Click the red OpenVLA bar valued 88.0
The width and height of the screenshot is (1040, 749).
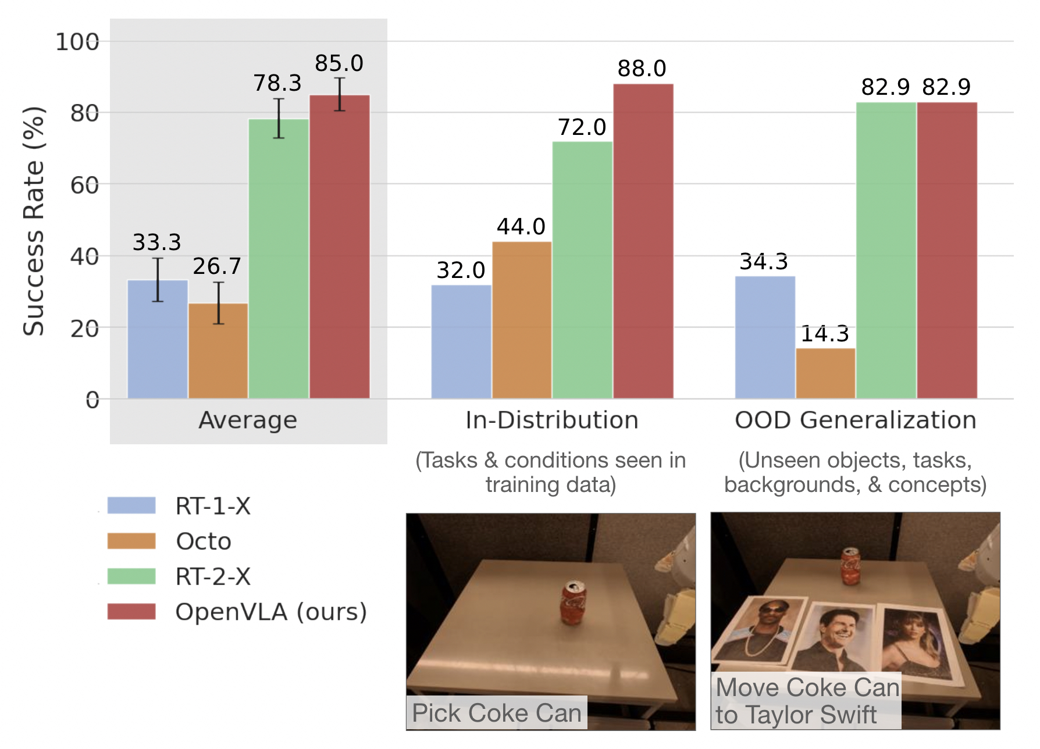tap(643, 241)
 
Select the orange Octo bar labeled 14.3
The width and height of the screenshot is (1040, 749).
tap(825, 373)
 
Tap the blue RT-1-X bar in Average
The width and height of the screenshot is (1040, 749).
tap(158, 340)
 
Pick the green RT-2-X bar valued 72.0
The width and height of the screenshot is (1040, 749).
tap(582, 270)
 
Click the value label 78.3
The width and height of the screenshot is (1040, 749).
tap(277, 83)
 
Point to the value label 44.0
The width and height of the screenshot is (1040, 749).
tap(521, 226)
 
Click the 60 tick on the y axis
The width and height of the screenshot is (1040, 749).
tap(84, 186)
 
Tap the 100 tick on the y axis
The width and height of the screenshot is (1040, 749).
tap(77, 42)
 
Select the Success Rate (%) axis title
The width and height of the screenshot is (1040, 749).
tap(34, 221)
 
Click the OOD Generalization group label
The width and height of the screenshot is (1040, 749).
tap(855, 420)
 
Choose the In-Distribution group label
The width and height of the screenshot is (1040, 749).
tap(551, 420)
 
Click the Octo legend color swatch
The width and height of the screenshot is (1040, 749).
tap(131, 541)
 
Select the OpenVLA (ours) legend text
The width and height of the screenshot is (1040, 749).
tap(271, 612)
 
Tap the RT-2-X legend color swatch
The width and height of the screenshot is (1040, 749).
tap(131, 576)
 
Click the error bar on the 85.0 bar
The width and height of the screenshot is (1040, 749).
tap(340, 94)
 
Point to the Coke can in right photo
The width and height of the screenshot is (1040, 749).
tap(851, 565)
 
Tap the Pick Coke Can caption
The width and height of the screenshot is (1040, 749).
tap(496, 713)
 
